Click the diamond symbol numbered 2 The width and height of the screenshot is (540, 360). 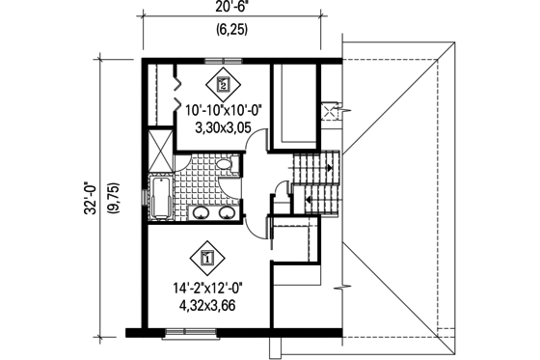click(x=224, y=84)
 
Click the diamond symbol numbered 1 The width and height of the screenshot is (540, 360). click(x=208, y=257)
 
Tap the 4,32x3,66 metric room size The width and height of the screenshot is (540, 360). click(x=209, y=306)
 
